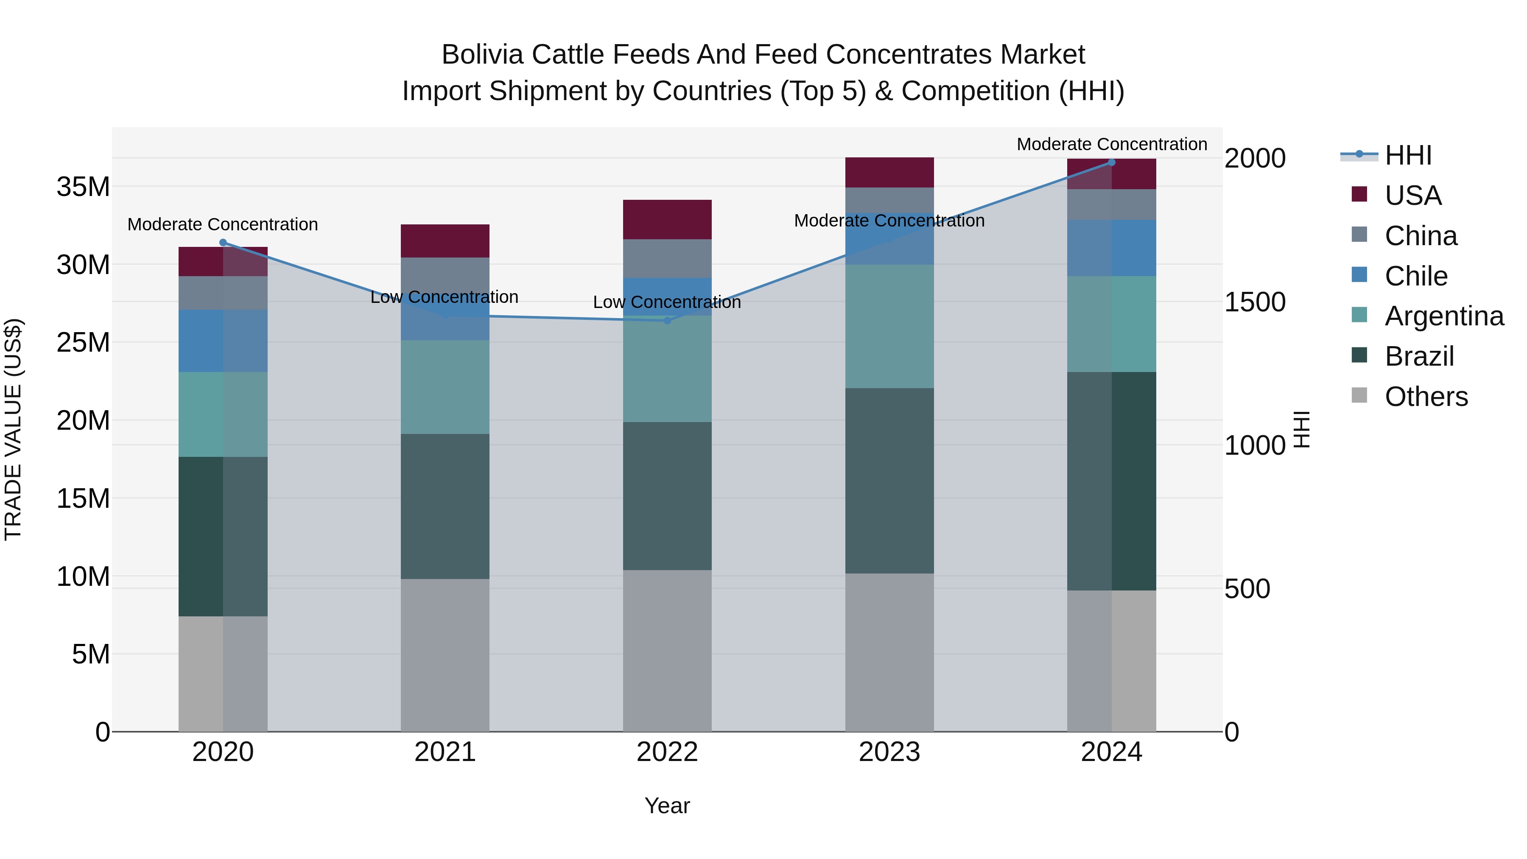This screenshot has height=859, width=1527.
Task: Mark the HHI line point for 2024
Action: coord(1111,162)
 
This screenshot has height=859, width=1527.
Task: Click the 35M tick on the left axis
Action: coord(83,187)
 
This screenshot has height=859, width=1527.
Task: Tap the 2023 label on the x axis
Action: coord(889,752)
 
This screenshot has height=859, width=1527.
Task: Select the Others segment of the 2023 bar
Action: coord(889,652)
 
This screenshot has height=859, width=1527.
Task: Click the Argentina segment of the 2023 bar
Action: coord(889,326)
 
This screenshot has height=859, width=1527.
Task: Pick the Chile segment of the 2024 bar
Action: coord(1111,248)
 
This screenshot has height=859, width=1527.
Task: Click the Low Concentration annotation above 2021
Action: coord(444,297)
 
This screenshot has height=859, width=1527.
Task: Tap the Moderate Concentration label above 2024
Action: coord(1111,144)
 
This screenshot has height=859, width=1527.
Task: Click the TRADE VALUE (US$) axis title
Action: coord(14,429)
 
